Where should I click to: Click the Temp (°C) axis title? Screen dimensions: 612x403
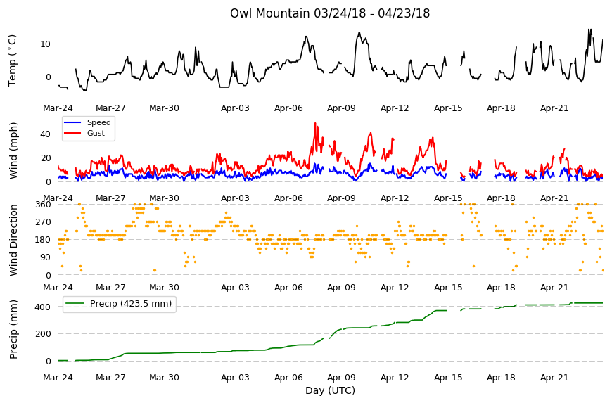coord(13,60)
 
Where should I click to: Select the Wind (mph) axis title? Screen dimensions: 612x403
coord(13,151)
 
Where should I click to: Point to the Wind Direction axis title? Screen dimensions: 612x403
coord(13,240)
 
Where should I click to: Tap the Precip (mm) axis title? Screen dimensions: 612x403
coord(13,329)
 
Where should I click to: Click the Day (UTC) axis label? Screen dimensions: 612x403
coord(330,390)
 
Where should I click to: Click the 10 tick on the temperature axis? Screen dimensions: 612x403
coord(45,44)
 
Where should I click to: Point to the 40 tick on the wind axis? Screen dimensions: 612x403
coord(45,134)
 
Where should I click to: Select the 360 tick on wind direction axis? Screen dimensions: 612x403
coord(43,205)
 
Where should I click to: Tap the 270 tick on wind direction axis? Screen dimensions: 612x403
coord(43,222)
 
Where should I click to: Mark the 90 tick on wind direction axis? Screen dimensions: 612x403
coord(46,257)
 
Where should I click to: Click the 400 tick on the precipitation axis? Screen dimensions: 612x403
coord(43,307)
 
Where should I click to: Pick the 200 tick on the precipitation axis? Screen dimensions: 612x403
coord(43,334)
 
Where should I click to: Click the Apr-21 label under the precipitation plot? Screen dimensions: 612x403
coord(554,378)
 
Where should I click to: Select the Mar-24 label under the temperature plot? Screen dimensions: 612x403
coord(58,108)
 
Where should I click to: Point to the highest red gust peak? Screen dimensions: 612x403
coord(315,123)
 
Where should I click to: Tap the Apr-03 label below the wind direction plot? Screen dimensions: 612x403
coord(235,288)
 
